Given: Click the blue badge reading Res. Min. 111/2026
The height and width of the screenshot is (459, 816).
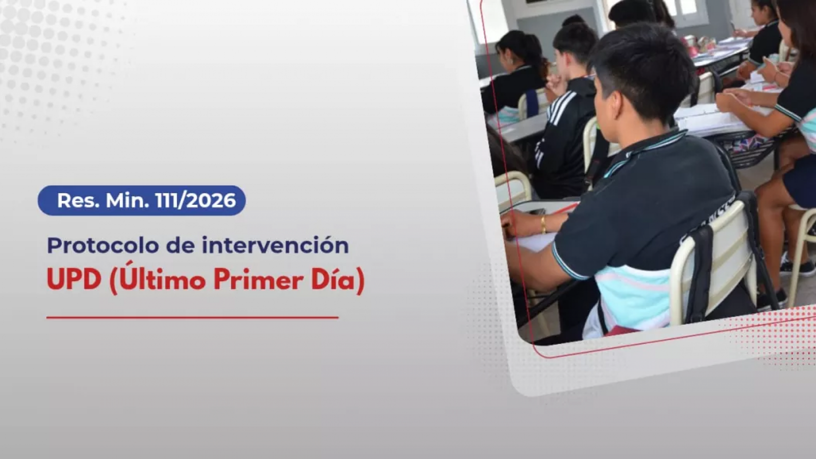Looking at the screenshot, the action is (x=142, y=201).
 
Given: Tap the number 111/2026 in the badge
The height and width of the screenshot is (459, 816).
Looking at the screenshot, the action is (x=195, y=201).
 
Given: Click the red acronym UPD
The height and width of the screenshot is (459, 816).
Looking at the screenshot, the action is (x=74, y=280).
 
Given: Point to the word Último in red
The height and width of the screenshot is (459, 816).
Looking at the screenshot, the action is (x=158, y=278).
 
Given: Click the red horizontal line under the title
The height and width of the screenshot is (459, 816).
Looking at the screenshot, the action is (x=192, y=318).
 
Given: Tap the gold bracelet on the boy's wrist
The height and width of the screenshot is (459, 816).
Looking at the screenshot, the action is (x=543, y=224).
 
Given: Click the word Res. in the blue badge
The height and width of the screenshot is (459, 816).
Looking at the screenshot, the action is (x=78, y=201).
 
